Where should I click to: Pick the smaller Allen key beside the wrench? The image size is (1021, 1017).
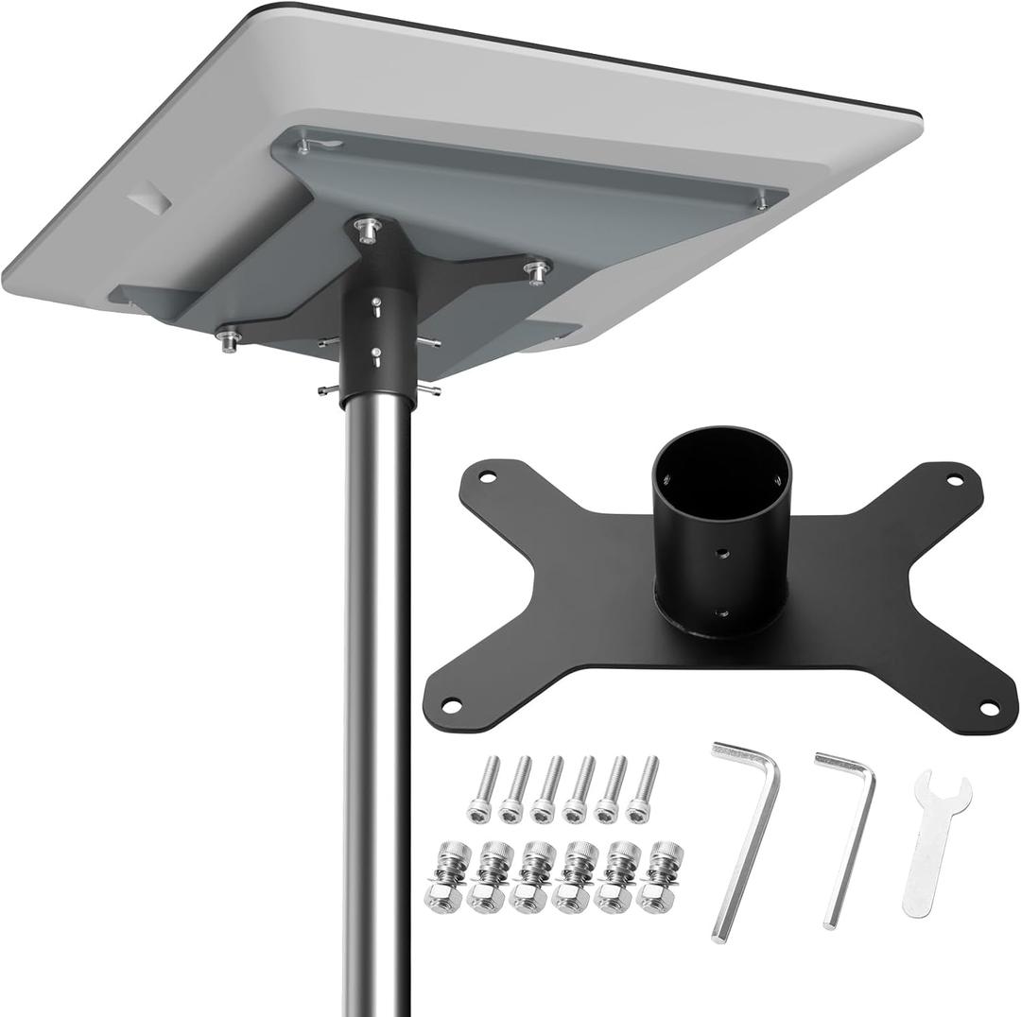coord(846,832)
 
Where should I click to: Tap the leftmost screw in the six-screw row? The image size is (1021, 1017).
coord(482,789)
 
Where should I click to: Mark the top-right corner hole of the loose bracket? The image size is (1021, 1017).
coord(954,480)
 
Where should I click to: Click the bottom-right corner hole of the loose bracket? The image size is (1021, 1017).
coord(988,707)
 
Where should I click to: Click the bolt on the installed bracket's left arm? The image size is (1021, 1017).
coord(229,337)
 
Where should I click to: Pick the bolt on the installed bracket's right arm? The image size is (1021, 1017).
coord(537,271)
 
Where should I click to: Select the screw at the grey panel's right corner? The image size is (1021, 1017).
coord(762,199)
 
